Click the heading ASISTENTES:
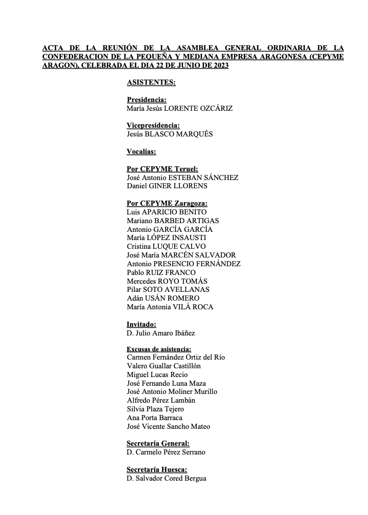pos(151,82)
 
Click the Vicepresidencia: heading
pos(153,126)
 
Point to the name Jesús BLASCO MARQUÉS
pos(169,134)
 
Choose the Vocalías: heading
pos(141,151)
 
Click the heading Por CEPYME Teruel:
pos(162,169)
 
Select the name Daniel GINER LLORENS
pos(167,186)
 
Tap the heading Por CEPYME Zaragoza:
pos(167,203)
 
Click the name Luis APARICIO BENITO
pos(166,212)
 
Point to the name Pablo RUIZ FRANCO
pos(160,272)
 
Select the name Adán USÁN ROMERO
pos(162,298)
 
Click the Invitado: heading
pos(141,324)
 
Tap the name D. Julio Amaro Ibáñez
pos(160,333)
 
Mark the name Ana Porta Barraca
pos(154,418)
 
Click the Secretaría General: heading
pos(158,444)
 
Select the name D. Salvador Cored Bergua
pos(166,478)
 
